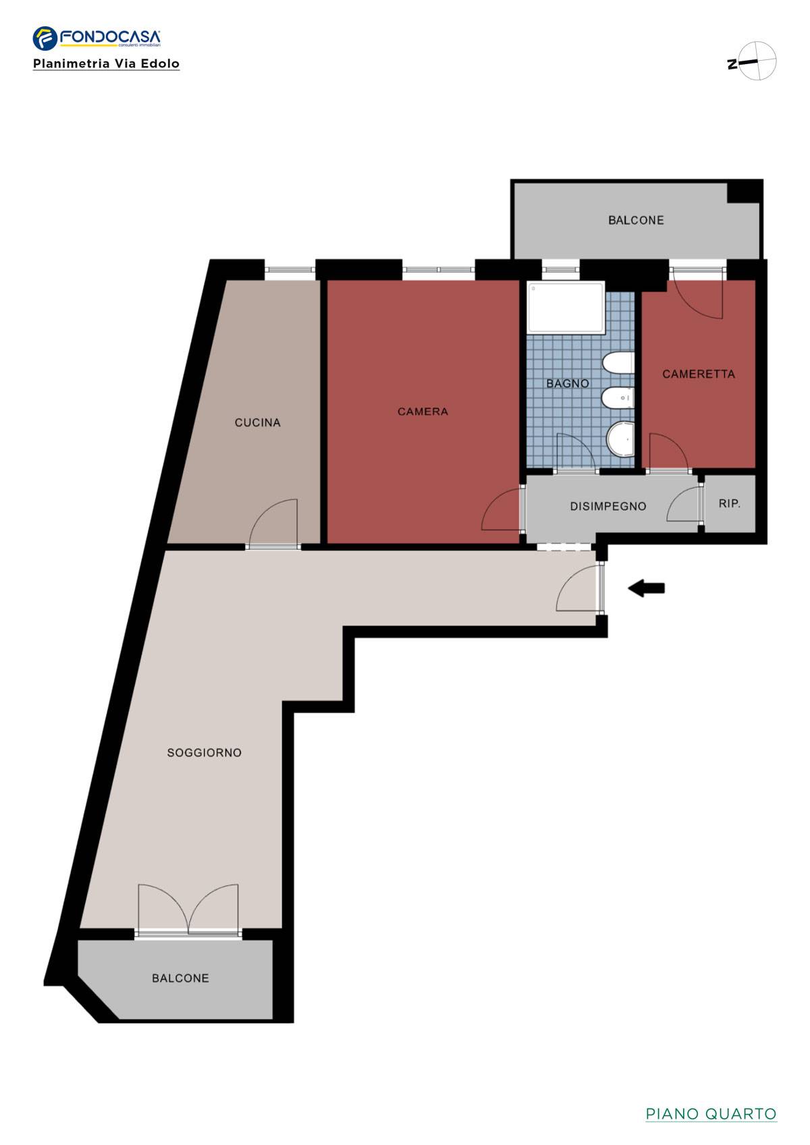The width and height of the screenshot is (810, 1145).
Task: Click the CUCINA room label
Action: coord(257,423)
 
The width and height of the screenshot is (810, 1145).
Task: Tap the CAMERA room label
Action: coord(423,412)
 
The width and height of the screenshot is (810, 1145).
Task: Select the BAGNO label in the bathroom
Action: coord(568,383)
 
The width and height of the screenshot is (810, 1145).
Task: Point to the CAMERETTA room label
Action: coord(699,374)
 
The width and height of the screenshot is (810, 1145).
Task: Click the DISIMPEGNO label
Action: coord(608,506)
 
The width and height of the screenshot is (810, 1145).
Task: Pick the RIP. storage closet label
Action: coord(729,503)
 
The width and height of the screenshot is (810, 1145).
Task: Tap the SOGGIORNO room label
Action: coord(204,752)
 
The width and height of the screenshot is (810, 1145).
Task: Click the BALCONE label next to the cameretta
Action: coord(636,221)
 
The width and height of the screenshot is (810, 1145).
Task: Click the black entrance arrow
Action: coord(646,588)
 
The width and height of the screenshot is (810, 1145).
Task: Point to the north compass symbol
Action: coord(752,61)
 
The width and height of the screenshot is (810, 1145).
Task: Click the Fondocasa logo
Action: coord(97,38)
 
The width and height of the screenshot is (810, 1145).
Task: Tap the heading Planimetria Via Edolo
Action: coord(106,64)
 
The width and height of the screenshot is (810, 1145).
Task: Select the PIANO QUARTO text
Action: coord(711,1114)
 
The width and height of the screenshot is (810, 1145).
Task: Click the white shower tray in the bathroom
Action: coord(566,307)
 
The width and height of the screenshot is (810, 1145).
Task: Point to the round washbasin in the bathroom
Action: coord(620,438)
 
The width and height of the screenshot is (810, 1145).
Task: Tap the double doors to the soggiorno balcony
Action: coord(188,908)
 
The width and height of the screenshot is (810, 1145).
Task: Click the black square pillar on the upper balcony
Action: coord(744,192)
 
